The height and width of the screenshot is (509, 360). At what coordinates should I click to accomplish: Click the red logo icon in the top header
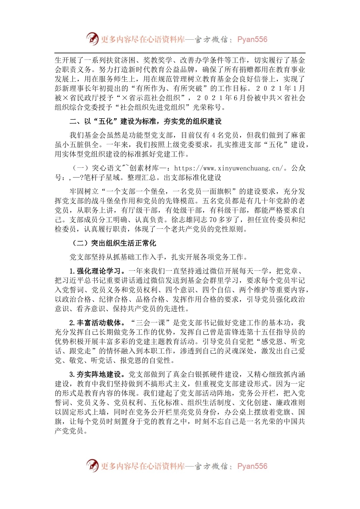click(x=92, y=39)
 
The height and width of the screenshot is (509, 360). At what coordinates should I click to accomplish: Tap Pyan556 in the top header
click(x=252, y=39)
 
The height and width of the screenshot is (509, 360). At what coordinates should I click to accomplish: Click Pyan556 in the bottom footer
click(x=252, y=466)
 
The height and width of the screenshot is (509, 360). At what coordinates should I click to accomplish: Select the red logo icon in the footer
click(x=92, y=465)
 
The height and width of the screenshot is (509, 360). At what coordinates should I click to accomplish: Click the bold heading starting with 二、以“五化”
click(x=146, y=122)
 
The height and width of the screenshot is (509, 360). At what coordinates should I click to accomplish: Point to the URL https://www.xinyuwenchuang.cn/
click(x=229, y=168)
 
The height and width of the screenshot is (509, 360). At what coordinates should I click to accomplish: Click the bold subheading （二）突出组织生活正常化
click(x=114, y=243)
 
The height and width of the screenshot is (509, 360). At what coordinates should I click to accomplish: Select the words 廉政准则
click(x=290, y=403)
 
